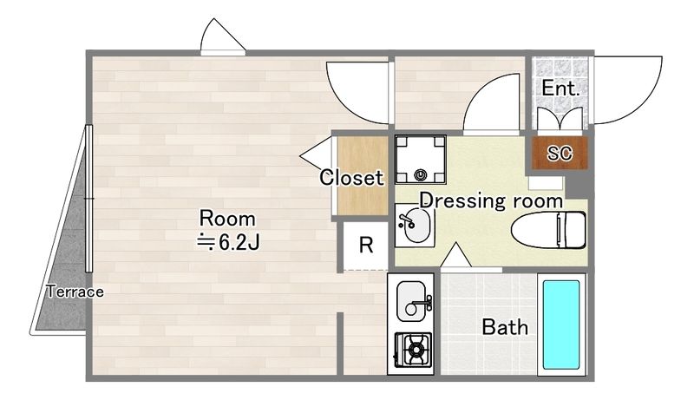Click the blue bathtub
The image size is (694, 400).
pyautogui.click(x=561, y=325)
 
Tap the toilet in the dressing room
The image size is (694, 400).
pyautogui.click(x=549, y=230)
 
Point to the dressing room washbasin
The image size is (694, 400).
pyautogui.click(x=415, y=226)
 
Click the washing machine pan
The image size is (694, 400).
pyautogui.click(x=420, y=160)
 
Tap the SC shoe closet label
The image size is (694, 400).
pyautogui.click(x=560, y=153)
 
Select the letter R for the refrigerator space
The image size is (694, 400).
pyautogui.click(x=366, y=244)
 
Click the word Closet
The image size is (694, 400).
pyautogui.click(x=351, y=178)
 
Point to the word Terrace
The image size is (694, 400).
pyautogui.click(x=75, y=292)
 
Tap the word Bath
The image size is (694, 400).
pyautogui.click(x=505, y=327)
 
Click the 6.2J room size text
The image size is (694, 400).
pyautogui.click(x=228, y=242)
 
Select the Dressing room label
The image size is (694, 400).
pyautogui.click(x=491, y=200)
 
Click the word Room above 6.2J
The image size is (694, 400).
pyautogui.click(x=227, y=219)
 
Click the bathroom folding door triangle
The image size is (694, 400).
pyautogui.click(x=456, y=255)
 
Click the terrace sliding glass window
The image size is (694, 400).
pyautogui.click(x=88, y=198)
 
